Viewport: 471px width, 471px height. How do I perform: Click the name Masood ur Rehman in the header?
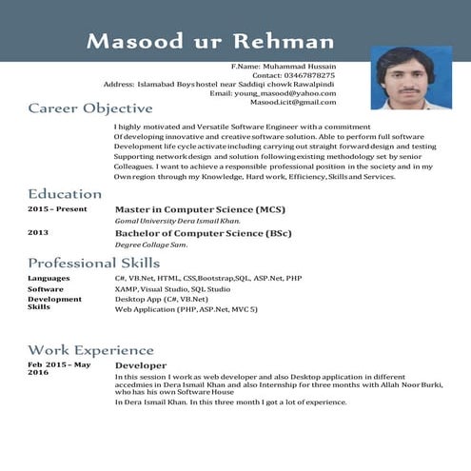(x=210, y=41)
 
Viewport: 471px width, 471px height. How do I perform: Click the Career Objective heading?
(x=90, y=108)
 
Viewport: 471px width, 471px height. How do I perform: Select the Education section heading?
(x=65, y=194)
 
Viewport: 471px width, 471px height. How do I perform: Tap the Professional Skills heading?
(x=94, y=263)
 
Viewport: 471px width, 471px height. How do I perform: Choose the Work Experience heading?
(x=90, y=350)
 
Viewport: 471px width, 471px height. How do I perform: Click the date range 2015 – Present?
(x=57, y=209)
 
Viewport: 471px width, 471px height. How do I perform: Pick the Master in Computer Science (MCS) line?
(x=200, y=209)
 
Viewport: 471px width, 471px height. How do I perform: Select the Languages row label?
(x=49, y=278)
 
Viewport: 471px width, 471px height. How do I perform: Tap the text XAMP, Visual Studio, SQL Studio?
(x=172, y=288)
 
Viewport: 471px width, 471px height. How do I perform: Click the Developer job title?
(x=141, y=365)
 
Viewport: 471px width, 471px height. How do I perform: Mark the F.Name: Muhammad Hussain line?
(x=284, y=66)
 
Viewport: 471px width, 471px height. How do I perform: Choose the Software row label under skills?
(x=46, y=288)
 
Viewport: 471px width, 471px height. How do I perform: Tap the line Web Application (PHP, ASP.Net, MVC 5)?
(x=186, y=309)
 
